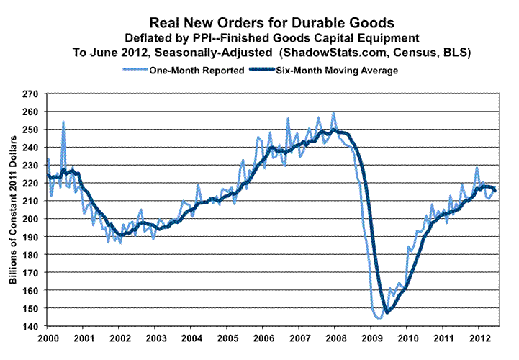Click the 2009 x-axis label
point(371,338)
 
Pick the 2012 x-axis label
point(479,338)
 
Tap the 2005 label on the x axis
point(227,338)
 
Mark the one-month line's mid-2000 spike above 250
point(63,122)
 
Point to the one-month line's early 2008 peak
point(333,112)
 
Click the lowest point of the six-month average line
point(387,312)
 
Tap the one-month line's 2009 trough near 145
point(379,318)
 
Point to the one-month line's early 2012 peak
point(476,168)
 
